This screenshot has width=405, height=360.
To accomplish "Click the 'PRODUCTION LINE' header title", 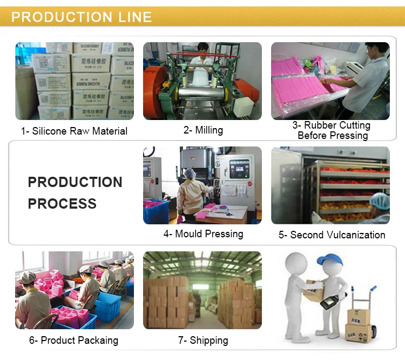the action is pyautogui.click(x=82, y=17).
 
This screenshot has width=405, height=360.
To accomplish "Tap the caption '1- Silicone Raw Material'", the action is pyautogui.click(x=75, y=131).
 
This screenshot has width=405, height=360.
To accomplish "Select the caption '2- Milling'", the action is pyautogui.click(x=202, y=130).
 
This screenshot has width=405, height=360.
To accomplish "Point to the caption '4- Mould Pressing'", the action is pyautogui.click(x=203, y=234).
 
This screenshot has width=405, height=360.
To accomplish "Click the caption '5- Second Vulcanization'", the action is pyautogui.click(x=332, y=235).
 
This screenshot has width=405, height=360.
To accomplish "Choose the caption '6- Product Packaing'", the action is pyautogui.click(x=73, y=340).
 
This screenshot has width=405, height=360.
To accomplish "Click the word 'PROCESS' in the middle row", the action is pyautogui.click(x=62, y=204).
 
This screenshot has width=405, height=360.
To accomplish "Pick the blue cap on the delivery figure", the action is pyautogui.click(x=329, y=259).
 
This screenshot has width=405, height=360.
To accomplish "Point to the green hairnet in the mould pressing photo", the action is pyautogui.click(x=190, y=174).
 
